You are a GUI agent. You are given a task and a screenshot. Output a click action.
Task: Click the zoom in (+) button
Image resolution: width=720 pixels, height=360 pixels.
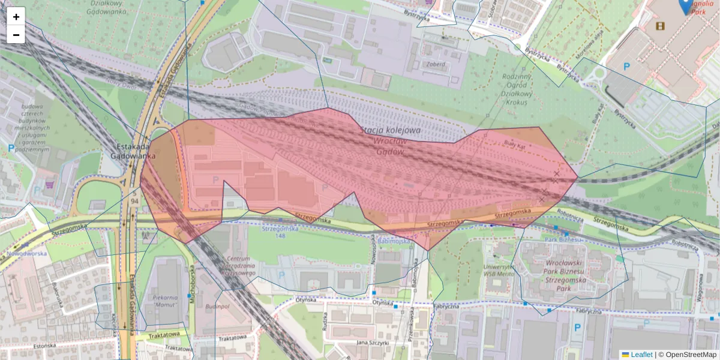point(16,17)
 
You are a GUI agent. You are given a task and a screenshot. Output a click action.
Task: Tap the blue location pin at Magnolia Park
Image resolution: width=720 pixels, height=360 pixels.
point(685,6)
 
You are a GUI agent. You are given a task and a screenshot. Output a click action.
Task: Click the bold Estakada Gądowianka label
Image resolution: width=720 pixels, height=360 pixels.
point(133,150)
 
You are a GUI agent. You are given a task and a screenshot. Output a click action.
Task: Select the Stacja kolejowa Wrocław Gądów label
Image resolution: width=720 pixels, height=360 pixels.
point(390,141)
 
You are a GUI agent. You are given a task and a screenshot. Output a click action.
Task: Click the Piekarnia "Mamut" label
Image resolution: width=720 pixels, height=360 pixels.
point(164,301)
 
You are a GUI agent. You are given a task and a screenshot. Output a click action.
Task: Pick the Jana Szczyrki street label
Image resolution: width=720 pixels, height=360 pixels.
point(370,342)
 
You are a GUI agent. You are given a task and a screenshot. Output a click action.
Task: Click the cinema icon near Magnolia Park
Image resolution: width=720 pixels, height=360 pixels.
point(660,26)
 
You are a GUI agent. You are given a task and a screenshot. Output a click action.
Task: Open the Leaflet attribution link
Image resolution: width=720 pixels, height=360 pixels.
point(641,355)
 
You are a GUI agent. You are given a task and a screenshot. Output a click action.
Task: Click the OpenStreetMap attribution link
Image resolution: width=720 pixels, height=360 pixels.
point(691,355)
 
